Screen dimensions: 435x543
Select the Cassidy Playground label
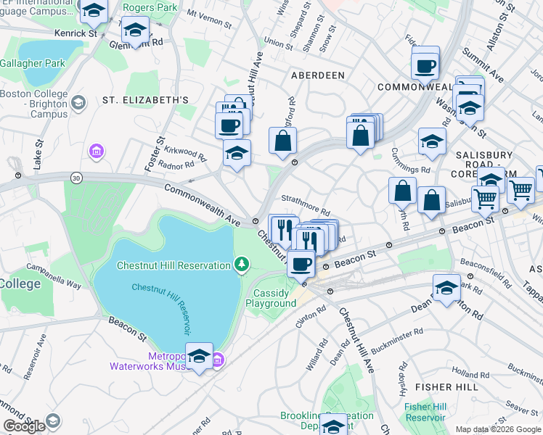coord(274,298)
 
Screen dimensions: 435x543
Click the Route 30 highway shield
coord(76,177)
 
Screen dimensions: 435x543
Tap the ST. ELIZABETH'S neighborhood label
coord(145,99)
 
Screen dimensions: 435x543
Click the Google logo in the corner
coord(24,426)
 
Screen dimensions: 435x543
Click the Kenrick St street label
coord(76,34)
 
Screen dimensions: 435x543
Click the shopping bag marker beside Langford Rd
coord(282,140)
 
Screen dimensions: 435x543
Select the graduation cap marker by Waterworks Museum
coord(199,355)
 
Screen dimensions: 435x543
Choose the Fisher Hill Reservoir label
coord(425,412)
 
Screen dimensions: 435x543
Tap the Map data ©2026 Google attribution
coord(498,430)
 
